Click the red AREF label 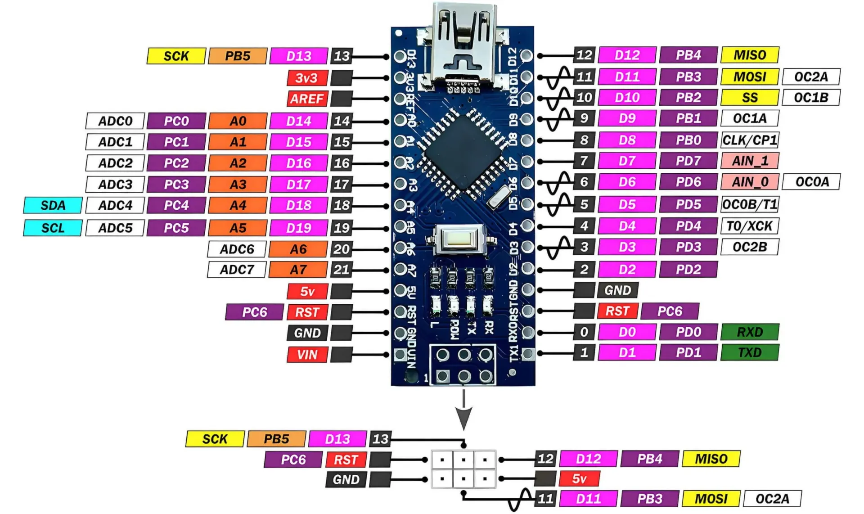pyautogui.click(x=307, y=99)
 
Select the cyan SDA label pyautogui.click(x=53, y=205)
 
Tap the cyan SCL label pyautogui.click(x=53, y=228)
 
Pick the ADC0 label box pyautogui.click(x=115, y=121)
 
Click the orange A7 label pyautogui.click(x=298, y=270)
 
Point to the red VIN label pyautogui.click(x=307, y=355)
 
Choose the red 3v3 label pyautogui.click(x=307, y=78)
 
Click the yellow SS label pyautogui.click(x=750, y=97)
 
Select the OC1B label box pyautogui.click(x=811, y=97)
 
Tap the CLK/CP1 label pyautogui.click(x=750, y=140)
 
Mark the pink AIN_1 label pyautogui.click(x=750, y=161)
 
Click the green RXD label pyautogui.click(x=750, y=332)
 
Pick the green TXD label pyautogui.click(x=750, y=352)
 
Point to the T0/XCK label pyautogui.click(x=750, y=225)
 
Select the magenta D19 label pyautogui.click(x=299, y=228)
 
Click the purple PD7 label pyautogui.click(x=688, y=161)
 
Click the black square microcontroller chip pyautogui.click(x=463, y=152)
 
